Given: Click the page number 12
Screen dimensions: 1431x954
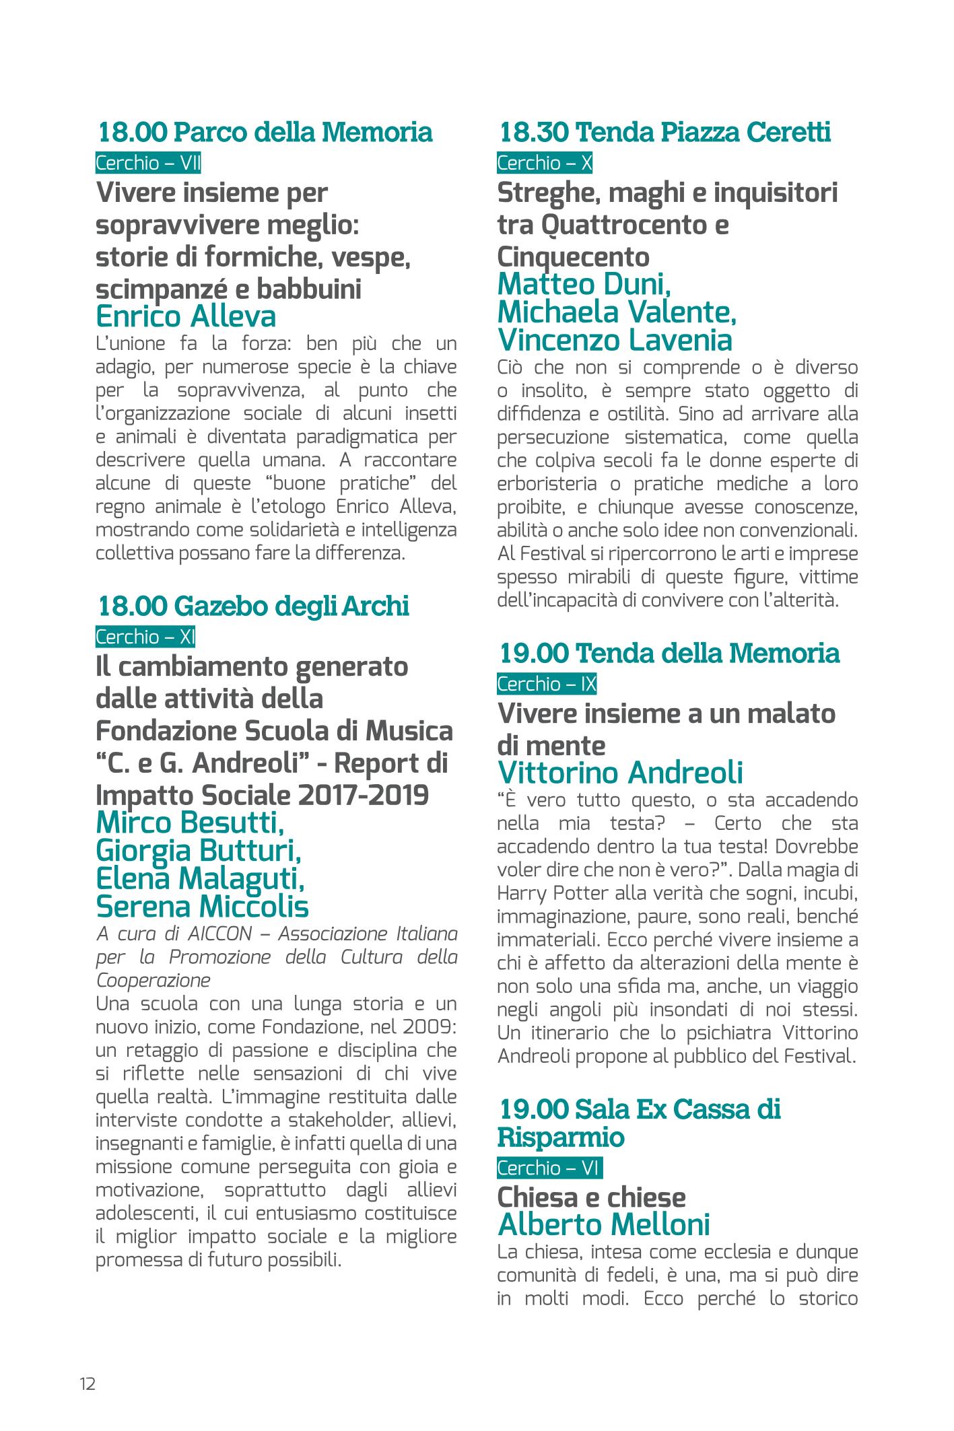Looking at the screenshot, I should [x=88, y=1384].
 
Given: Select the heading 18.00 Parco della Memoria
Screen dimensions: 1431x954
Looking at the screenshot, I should [x=265, y=132].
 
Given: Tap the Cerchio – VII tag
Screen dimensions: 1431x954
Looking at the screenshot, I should [x=148, y=164].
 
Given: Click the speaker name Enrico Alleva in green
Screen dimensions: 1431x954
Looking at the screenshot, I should [x=186, y=316].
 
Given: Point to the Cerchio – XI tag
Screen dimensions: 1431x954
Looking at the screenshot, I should [x=145, y=637].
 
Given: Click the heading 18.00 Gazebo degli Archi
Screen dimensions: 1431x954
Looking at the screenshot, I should [x=254, y=606].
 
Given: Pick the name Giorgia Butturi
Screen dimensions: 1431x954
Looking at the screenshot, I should [x=199, y=851].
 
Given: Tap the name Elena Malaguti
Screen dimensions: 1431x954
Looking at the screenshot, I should [x=201, y=878].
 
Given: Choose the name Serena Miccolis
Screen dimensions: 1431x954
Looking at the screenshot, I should [x=202, y=907].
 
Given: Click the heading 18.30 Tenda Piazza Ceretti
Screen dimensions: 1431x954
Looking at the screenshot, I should [x=665, y=132].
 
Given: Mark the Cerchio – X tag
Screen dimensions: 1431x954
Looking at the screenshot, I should [x=545, y=164].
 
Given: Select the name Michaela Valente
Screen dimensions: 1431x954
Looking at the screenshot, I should [x=617, y=312].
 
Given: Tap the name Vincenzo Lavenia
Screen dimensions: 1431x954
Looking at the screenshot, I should [x=615, y=341].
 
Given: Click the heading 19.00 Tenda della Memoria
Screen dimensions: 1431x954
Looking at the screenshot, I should [x=670, y=653].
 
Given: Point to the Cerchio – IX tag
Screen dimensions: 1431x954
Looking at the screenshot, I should [x=547, y=684].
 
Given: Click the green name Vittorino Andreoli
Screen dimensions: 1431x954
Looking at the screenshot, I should [x=620, y=773].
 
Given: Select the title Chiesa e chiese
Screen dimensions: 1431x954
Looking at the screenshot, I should [x=591, y=1197].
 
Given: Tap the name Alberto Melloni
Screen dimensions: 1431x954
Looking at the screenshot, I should [x=604, y=1225].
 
